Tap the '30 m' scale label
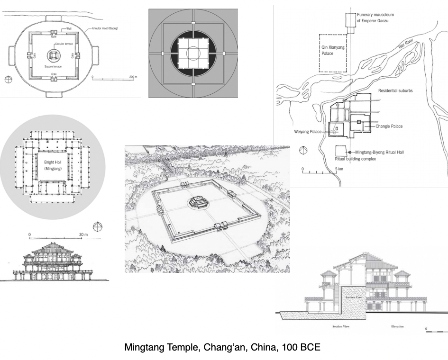pyautogui.click(x=83, y=234)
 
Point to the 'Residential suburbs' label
pyautogui.click(x=394, y=90)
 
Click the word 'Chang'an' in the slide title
pyautogui.click(x=224, y=347)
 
